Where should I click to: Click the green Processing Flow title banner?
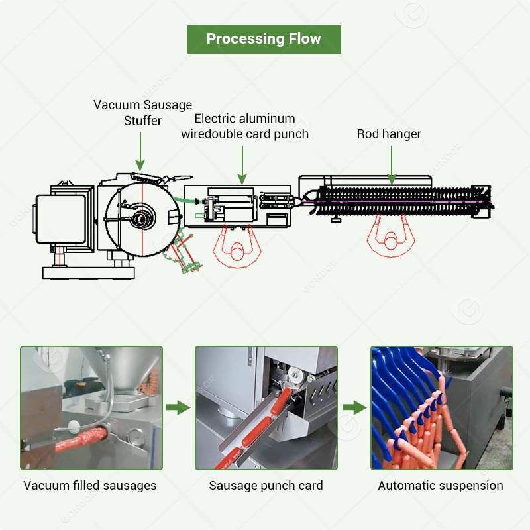(x=264, y=38)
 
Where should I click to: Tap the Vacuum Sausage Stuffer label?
(x=142, y=113)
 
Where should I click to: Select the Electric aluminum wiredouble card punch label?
(x=245, y=127)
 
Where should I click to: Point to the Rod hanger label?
(x=389, y=134)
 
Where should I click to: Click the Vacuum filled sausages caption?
(x=90, y=486)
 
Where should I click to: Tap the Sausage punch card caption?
(x=266, y=486)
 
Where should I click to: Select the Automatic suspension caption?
(x=441, y=486)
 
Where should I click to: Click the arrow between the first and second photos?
(x=178, y=407)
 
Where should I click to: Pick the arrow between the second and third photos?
(x=354, y=407)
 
